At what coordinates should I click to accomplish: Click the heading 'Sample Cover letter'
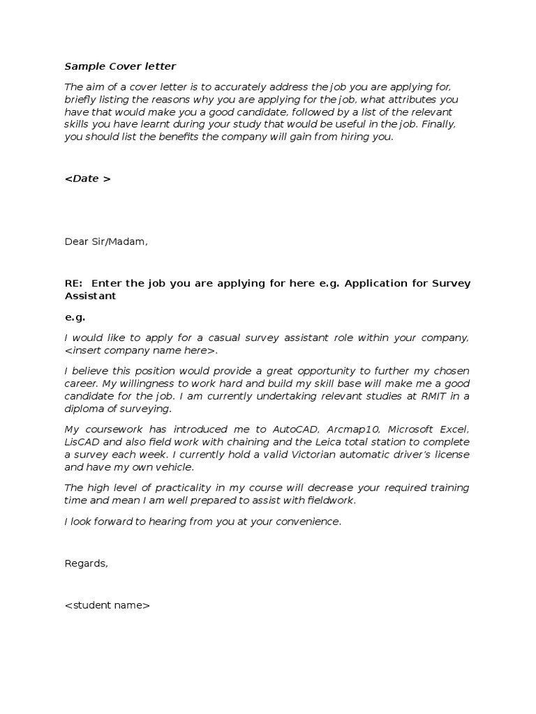click(x=120, y=67)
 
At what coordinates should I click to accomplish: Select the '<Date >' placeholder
click(x=87, y=178)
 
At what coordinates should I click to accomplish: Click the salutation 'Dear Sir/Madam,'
click(x=106, y=242)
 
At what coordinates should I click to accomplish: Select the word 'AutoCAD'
click(x=294, y=428)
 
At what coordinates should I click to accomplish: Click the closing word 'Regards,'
click(x=86, y=563)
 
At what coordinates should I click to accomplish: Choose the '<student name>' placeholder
click(x=107, y=605)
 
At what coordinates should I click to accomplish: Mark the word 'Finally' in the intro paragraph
click(x=438, y=124)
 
